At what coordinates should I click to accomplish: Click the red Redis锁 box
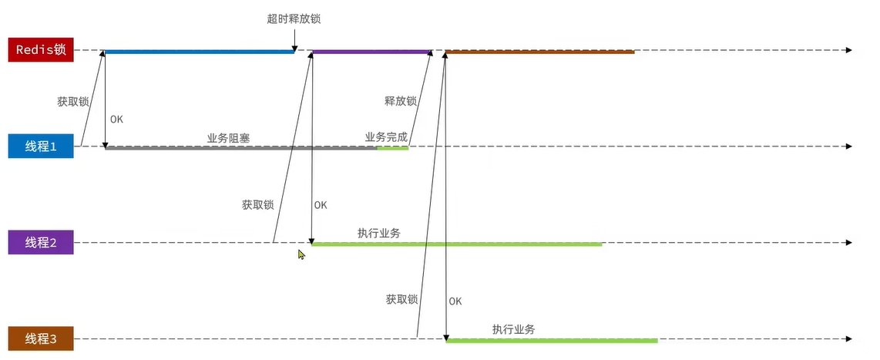(40, 50)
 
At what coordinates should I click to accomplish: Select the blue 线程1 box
(40, 146)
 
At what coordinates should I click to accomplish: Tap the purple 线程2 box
(40, 242)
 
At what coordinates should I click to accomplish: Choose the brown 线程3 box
(40, 338)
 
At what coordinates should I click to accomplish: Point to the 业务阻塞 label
(228, 138)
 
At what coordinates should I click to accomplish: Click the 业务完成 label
(386, 137)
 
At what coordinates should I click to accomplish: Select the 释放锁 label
(400, 101)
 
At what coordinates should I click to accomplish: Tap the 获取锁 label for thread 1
(73, 101)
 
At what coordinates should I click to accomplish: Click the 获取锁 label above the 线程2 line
(257, 205)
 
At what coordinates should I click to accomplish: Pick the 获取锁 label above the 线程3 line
(401, 299)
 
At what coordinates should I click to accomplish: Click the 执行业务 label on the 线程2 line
(378, 233)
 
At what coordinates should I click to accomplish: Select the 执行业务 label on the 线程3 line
(513, 329)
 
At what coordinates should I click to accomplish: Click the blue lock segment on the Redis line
(199, 52)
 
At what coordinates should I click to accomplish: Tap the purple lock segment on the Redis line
(370, 52)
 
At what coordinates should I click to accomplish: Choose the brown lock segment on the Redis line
(539, 52)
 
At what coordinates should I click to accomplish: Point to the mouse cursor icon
(302, 254)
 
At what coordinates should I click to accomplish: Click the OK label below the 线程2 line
(455, 301)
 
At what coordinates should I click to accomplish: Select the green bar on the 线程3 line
(551, 340)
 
